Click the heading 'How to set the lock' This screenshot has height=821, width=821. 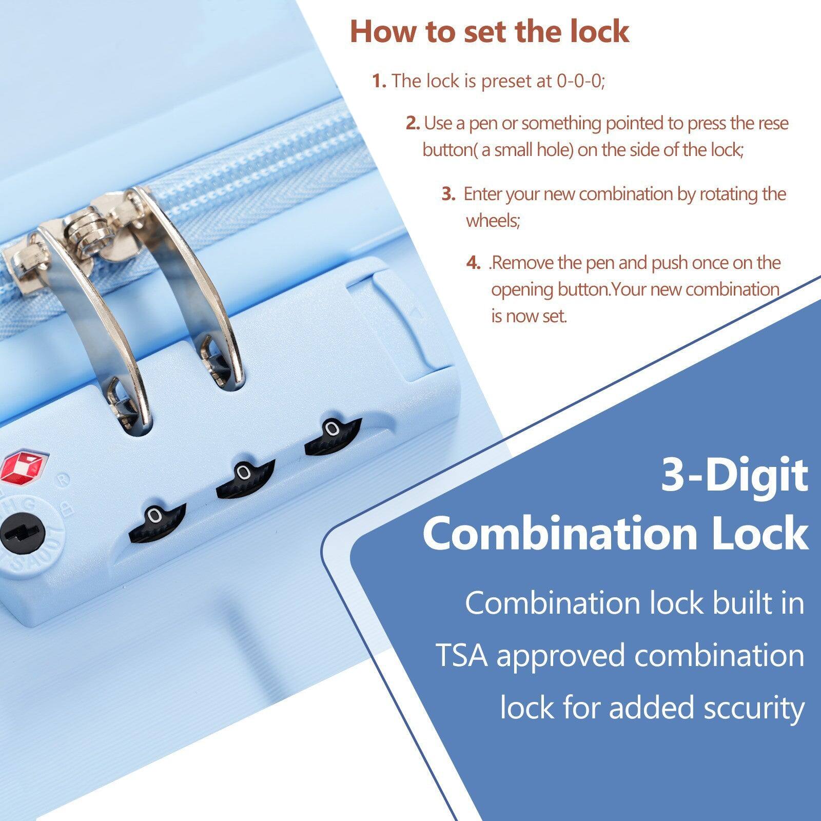point(489,32)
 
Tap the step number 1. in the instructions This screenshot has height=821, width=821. point(379,81)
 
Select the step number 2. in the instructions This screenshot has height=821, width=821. point(413,124)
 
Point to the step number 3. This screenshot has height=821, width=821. point(448,194)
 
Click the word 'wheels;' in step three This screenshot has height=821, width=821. point(493,221)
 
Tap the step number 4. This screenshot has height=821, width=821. point(473,263)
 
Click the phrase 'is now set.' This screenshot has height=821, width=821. point(529,316)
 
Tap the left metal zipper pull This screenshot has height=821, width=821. point(95,318)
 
